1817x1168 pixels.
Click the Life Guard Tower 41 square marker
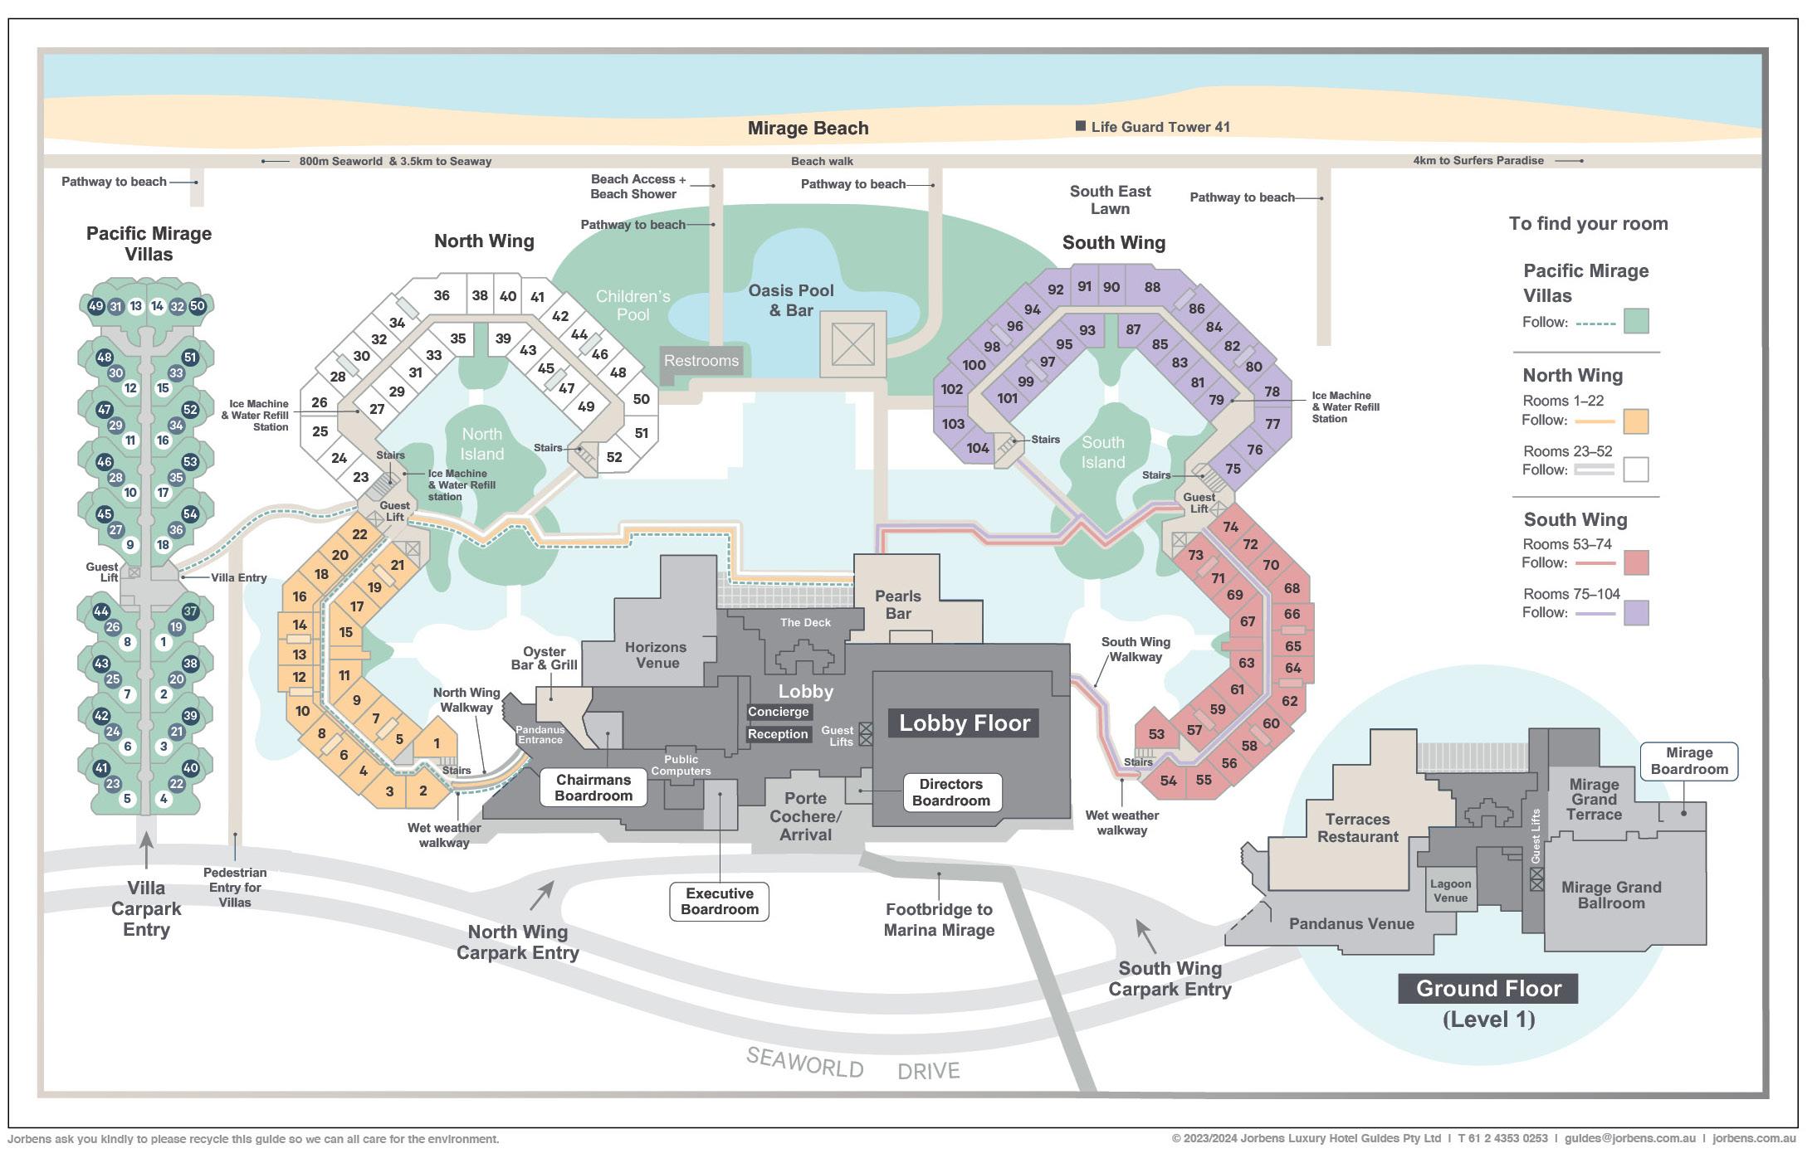tap(1080, 126)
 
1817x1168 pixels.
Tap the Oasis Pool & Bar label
tap(790, 300)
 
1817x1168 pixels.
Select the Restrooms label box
tap(701, 361)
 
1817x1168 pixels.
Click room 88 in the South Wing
tap(1152, 287)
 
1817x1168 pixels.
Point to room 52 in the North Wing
tap(614, 457)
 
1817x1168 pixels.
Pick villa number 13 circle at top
tap(136, 306)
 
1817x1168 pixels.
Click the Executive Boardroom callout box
tap(720, 902)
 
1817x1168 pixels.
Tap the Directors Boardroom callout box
tap(951, 792)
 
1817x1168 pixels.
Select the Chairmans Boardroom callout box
tap(593, 787)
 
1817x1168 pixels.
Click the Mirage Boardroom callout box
tap(1688, 761)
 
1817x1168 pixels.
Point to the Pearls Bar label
tap(898, 605)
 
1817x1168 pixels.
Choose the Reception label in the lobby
tap(778, 734)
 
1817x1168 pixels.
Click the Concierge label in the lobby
tap(778, 712)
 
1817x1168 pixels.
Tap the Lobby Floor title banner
tap(964, 723)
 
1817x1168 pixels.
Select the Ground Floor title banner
tap(1488, 989)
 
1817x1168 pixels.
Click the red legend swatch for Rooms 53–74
tap(1636, 562)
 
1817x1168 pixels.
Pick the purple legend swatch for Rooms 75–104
tap(1636, 613)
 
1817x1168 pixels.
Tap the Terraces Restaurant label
tap(1357, 828)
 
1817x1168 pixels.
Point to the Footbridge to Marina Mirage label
tap(939, 920)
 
